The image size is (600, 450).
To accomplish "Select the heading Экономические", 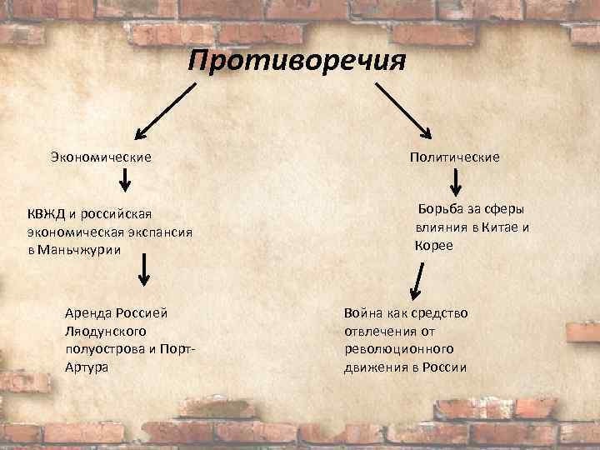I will coord(100,156).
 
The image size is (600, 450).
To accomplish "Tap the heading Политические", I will coord(454,156).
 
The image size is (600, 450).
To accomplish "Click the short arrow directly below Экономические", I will coord(124,180).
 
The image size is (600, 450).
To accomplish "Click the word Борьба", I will coord(440,210).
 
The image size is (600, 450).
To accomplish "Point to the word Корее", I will coord(433,245).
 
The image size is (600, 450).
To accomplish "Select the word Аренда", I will coord(86,312).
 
